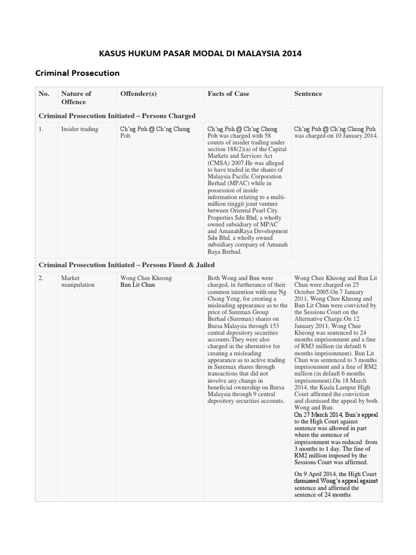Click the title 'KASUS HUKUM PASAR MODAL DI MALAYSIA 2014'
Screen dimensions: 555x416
200,54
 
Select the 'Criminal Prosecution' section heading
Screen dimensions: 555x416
77,73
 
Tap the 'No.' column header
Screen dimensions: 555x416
44,94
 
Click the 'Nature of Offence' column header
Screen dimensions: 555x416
76,98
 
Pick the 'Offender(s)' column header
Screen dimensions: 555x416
138,94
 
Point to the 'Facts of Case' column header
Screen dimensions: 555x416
229,94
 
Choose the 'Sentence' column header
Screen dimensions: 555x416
308,94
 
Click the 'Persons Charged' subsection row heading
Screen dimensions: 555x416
117,116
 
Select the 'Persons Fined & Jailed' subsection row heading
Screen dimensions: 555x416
127,264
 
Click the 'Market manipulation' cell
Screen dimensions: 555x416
78,281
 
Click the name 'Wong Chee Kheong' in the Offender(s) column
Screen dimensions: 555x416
146,278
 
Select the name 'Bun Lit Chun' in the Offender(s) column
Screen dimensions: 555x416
138,285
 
